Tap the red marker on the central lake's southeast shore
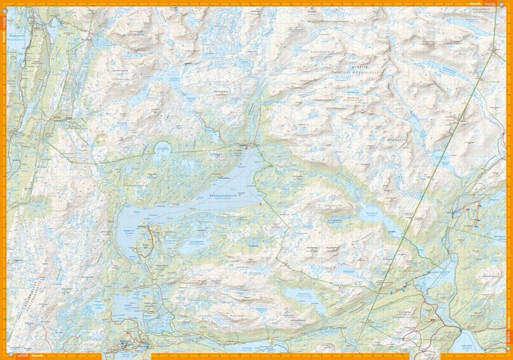(260, 205)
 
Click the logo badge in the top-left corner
(8, 4)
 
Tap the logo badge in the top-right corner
(508, 4)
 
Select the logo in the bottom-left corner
(8, 356)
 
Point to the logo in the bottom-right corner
(508, 356)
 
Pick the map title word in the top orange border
(474, 2)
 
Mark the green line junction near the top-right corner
(493, 52)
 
